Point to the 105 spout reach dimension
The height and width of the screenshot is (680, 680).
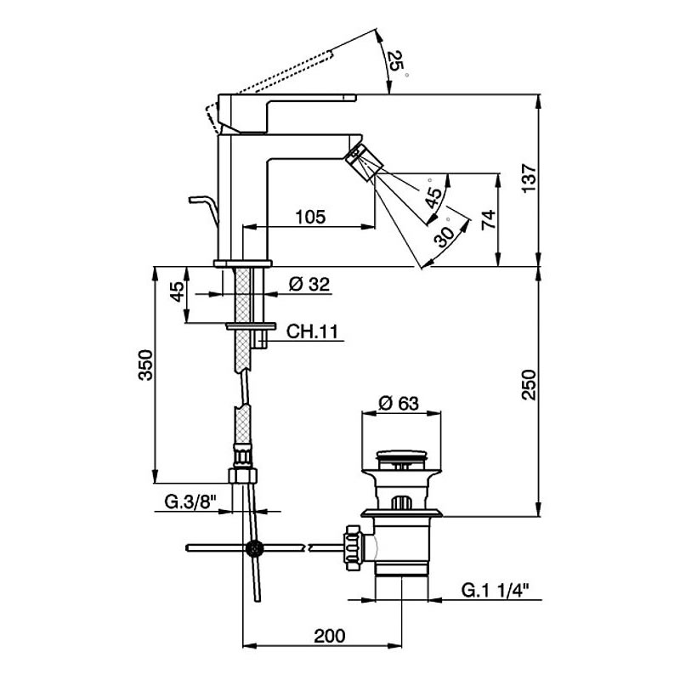click(309, 216)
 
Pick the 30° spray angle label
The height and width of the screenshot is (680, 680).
click(444, 237)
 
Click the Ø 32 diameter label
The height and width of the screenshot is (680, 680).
click(309, 286)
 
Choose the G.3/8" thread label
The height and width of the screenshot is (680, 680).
click(188, 503)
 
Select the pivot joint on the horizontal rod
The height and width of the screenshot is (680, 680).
click(252, 548)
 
